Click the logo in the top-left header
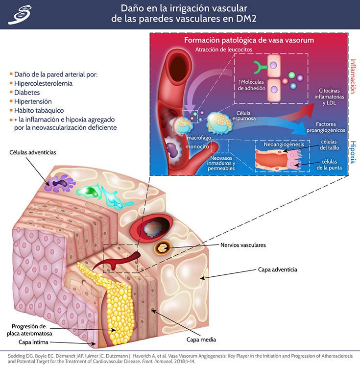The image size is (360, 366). pyautogui.click(x=18, y=15)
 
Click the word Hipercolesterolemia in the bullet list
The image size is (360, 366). pyautogui.click(x=43, y=83)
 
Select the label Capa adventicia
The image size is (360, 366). pyautogui.click(x=278, y=269)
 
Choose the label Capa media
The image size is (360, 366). pyautogui.click(x=201, y=339)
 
